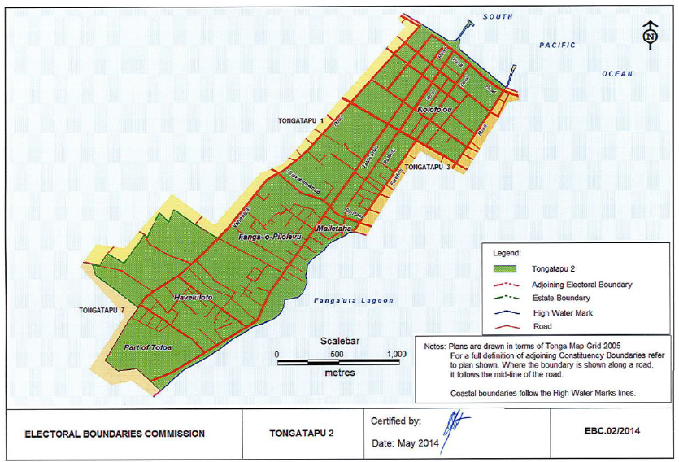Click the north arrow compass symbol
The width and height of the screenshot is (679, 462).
[x=649, y=37]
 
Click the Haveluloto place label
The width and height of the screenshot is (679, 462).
[x=193, y=299]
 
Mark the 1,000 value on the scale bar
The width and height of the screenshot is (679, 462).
[x=396, y=355]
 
